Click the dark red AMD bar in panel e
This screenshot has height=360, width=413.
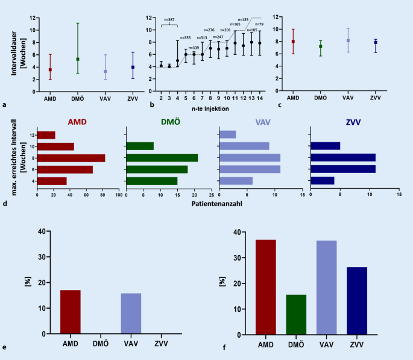70,312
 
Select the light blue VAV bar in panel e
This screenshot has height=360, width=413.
131,313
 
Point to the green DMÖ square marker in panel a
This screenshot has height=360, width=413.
77,59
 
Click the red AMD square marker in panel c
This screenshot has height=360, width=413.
293,42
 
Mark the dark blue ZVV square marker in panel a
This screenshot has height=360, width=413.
133,67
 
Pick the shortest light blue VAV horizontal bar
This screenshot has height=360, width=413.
228,134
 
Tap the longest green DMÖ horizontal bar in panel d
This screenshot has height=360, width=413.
162,158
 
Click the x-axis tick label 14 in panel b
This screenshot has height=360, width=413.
259,97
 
